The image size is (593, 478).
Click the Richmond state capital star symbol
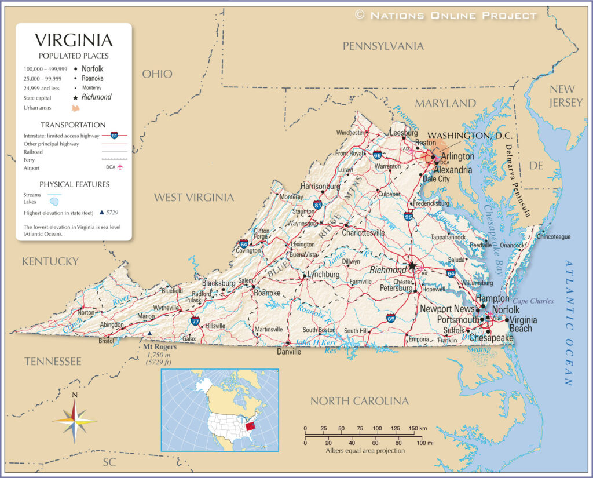click(412, 266)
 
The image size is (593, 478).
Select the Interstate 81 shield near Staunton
click(318, 205)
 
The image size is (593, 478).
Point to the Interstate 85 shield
click(391, 318)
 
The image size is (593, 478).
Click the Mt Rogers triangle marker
click(150, 334)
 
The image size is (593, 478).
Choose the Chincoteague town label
click(554, 237)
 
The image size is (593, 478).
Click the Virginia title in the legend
click(74, 41)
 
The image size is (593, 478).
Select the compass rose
click(74, 419)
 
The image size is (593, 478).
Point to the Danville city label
click(289, 351)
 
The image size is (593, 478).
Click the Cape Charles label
click(533, 301)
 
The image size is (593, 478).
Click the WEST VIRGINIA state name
click(193, 198)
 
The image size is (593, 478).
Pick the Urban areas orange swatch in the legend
click(76, 108)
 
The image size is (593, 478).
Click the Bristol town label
click(106, 341)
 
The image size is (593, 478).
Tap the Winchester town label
click(350, 133)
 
